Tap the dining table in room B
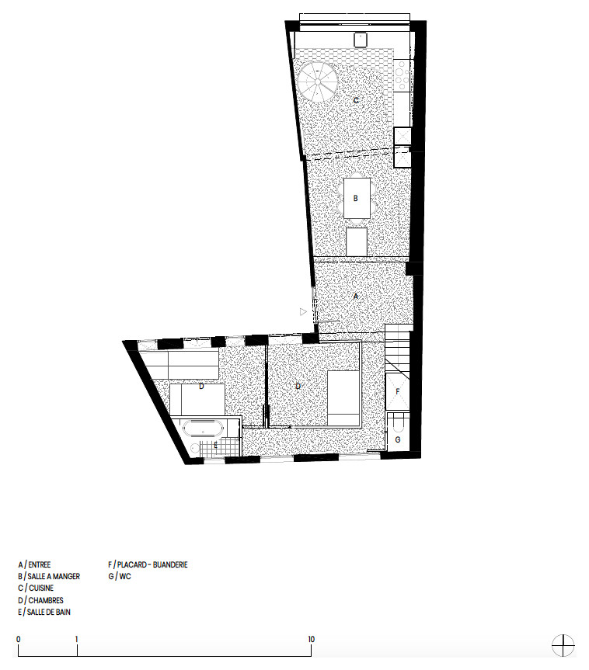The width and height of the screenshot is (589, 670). coord(357,198)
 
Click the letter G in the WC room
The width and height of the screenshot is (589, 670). coord(398,439)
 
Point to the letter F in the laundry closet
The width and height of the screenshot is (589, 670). coord(398,391)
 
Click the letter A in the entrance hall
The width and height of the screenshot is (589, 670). coord(356,296)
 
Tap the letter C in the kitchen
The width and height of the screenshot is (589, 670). coord(356,100)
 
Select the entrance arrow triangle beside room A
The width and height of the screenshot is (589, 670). coord(303,312)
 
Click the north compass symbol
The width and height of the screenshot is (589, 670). coord(563,645)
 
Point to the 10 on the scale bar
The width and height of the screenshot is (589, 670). coord(311,639)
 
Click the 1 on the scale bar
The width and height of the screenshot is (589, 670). coord(77,639)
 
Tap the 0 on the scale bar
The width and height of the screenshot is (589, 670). coord(19,639)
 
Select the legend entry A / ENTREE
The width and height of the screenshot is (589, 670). coord(34,564)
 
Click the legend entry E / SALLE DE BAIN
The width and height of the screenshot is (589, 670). coord(44,612)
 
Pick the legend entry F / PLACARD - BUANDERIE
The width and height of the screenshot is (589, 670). coord(148,564)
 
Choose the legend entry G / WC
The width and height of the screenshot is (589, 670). coord(120,576)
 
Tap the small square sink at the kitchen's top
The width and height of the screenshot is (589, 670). coord(361,40)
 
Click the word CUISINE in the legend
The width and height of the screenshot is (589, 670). coord(41,588)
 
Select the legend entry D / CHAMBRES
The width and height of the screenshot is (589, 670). coord(40,600)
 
